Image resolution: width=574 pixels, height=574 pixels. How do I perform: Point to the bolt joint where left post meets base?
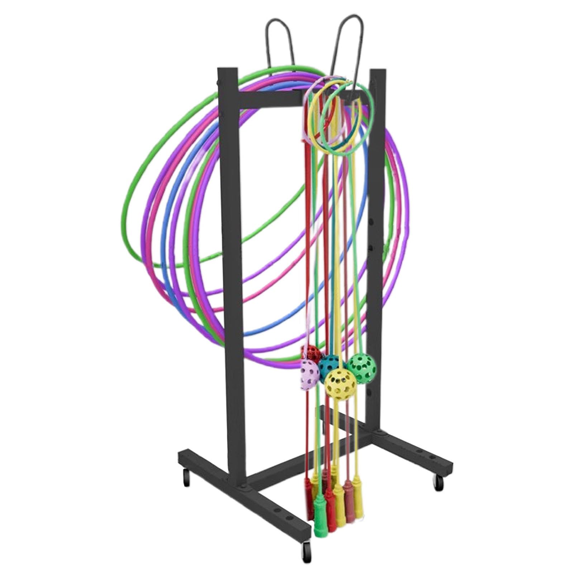click(x=244, y=487)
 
